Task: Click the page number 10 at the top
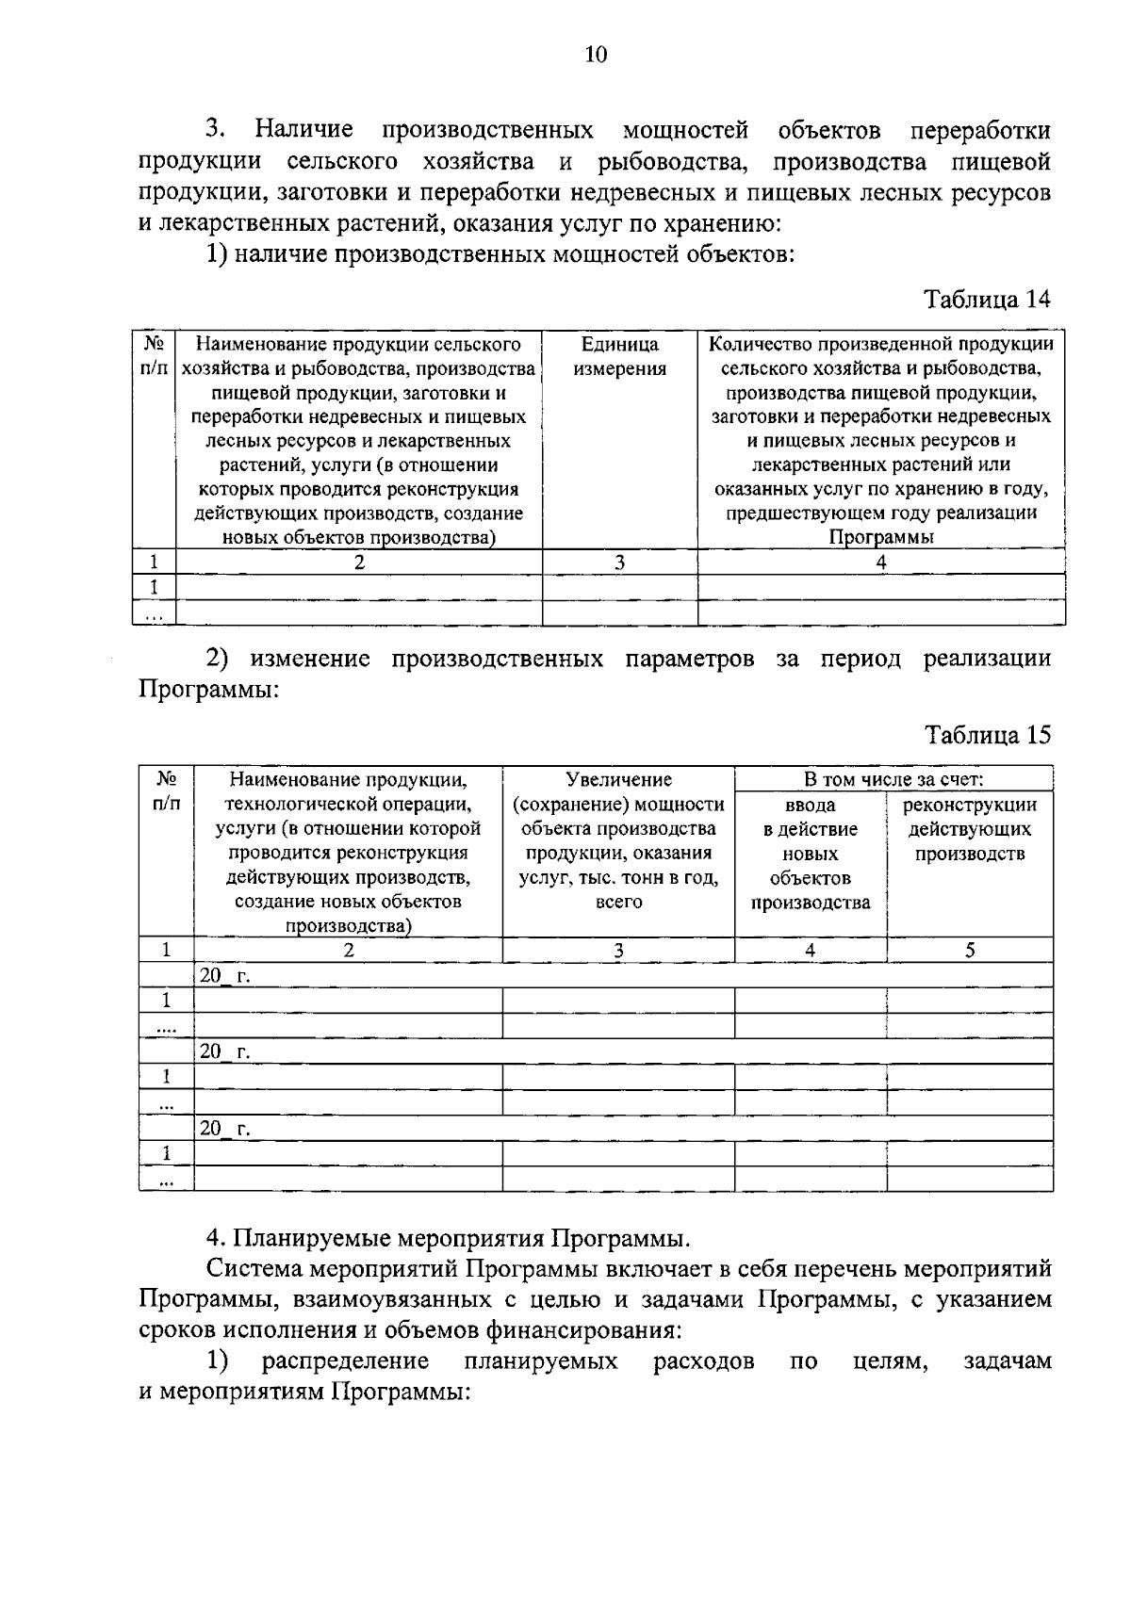[596, 55]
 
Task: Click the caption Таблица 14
[986, 300]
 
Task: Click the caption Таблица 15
[987, 735]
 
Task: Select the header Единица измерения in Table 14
[619, 357]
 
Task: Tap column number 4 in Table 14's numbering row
[880, 562]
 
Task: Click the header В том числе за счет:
[893, 779]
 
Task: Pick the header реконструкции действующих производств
[969, 829]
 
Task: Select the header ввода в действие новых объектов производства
[810, 854]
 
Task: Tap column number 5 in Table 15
[969, 950]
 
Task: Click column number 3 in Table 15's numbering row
[618, 950]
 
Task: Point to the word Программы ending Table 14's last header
[880, 538]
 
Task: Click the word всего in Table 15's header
[619, 903]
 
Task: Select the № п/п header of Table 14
[154, 356]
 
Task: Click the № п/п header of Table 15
[166, 791]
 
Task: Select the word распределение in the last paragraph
[346, 1361]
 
